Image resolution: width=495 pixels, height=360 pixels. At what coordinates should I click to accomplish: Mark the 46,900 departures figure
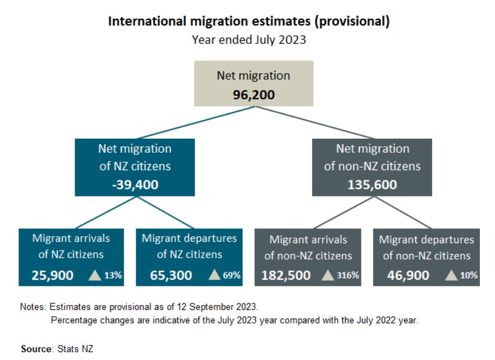pos(409,276)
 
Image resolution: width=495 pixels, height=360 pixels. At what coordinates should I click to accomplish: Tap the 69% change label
pos(232,275)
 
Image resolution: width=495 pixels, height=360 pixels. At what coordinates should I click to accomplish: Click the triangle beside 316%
pos(329,275)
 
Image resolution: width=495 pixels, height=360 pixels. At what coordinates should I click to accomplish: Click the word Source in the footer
pos(35,349)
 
